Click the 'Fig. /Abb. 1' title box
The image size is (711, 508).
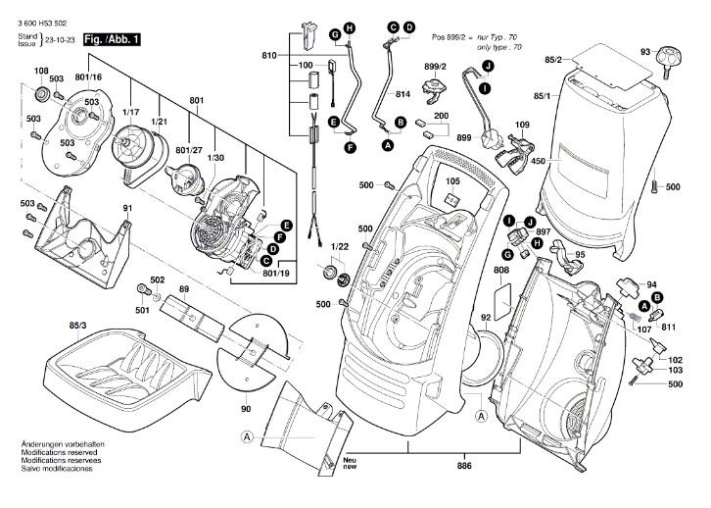[113, 39]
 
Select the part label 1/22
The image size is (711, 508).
[339, 246]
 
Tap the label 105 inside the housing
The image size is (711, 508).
[453, 181]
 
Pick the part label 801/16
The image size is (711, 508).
[89, 76]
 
